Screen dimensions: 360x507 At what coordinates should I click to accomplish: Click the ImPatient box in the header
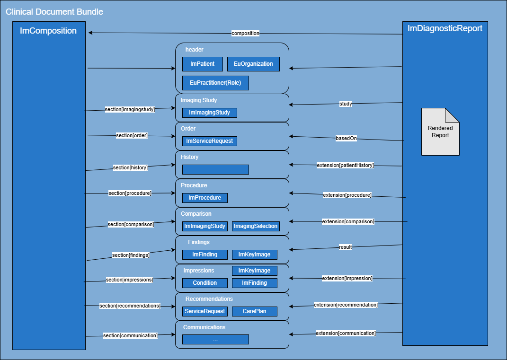(x=202, y=64)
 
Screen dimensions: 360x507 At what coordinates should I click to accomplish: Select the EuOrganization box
(x=253, y=64)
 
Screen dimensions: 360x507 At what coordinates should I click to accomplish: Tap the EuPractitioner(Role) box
(x=215, y=83)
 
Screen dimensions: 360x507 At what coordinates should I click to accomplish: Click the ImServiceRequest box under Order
(x=209, y=141)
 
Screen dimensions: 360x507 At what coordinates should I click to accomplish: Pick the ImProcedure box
(x=205, y=198)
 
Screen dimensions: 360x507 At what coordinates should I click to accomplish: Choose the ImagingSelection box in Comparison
(x=255, y=226)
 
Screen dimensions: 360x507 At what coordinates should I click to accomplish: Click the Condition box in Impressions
(x=205, y=283)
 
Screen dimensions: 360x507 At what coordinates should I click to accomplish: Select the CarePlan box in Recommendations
(x=254, y=311)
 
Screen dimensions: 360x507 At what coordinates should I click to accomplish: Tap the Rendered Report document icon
(x=440, y=132)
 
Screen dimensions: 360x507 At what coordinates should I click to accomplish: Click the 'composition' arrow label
(x=245, y=33)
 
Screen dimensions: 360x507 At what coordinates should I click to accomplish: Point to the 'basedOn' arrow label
(x=346, y=139)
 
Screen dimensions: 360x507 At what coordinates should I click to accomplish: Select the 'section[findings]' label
(x=131, y=255)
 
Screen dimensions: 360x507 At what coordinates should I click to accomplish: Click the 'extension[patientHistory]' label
(x=345, y=165)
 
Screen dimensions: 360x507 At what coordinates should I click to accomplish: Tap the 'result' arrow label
(x=345, y=247)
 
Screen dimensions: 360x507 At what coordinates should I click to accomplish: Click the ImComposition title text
(x=48, y=31)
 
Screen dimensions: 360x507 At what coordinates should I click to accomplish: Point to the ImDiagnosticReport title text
(x=445, y=28)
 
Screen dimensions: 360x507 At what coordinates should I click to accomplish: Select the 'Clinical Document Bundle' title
(x=54, y=11)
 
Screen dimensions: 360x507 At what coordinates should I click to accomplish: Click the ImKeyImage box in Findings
(x=254, y=255)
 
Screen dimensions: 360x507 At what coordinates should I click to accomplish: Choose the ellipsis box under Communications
(x=215, y=340)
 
